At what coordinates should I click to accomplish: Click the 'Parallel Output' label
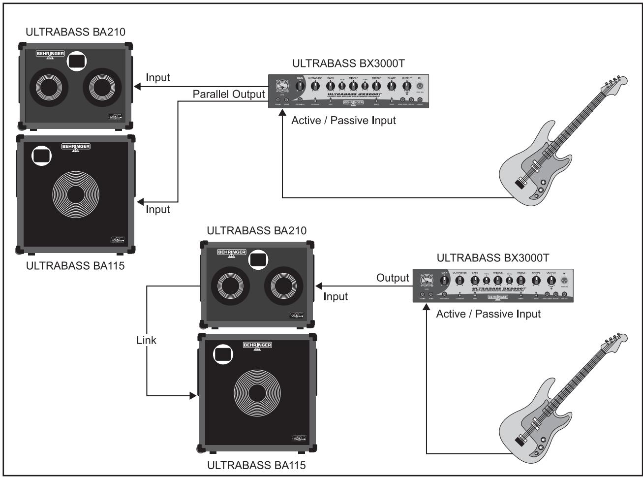[x=229, y=94]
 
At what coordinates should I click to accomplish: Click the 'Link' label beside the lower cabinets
[x=146, y=340]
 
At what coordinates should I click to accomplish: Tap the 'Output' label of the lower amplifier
[x=393, y=278]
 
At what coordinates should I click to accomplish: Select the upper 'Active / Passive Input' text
[x=343, y=120]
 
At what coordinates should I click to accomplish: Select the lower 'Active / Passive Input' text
[x=488, y=314]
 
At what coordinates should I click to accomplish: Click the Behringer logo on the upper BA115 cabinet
[x=76, y=147]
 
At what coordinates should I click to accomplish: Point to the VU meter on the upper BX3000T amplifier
[x=282, y=87]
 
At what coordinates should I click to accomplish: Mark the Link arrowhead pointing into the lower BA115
[x=193, y=395]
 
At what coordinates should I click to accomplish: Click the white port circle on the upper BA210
[x=75, y=61]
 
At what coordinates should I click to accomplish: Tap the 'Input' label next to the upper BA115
[x=158, y=209]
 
